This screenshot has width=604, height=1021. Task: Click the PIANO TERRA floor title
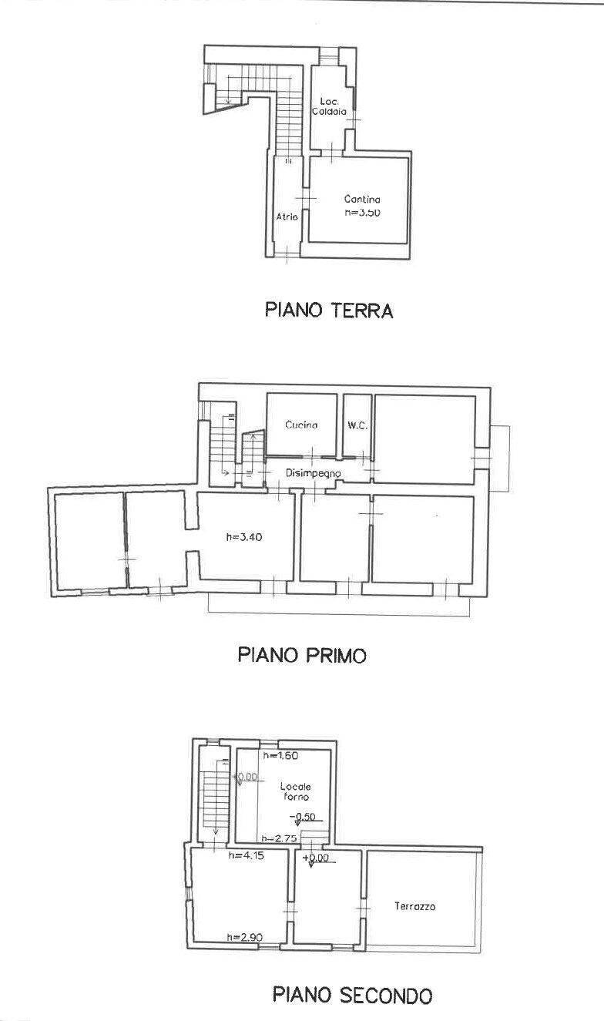coord(329,311)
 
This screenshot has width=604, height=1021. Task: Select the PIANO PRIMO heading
coord(301,655)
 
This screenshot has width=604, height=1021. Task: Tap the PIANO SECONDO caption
coord(352,995)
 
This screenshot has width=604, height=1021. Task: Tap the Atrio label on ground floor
coord(287,217)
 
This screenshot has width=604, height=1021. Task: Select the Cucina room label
coord(301,425)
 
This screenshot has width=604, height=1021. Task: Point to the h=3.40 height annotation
coord(245,538)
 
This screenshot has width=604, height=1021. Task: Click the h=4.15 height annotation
coord(247,855)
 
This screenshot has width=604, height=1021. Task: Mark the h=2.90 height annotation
coord(246,936)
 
